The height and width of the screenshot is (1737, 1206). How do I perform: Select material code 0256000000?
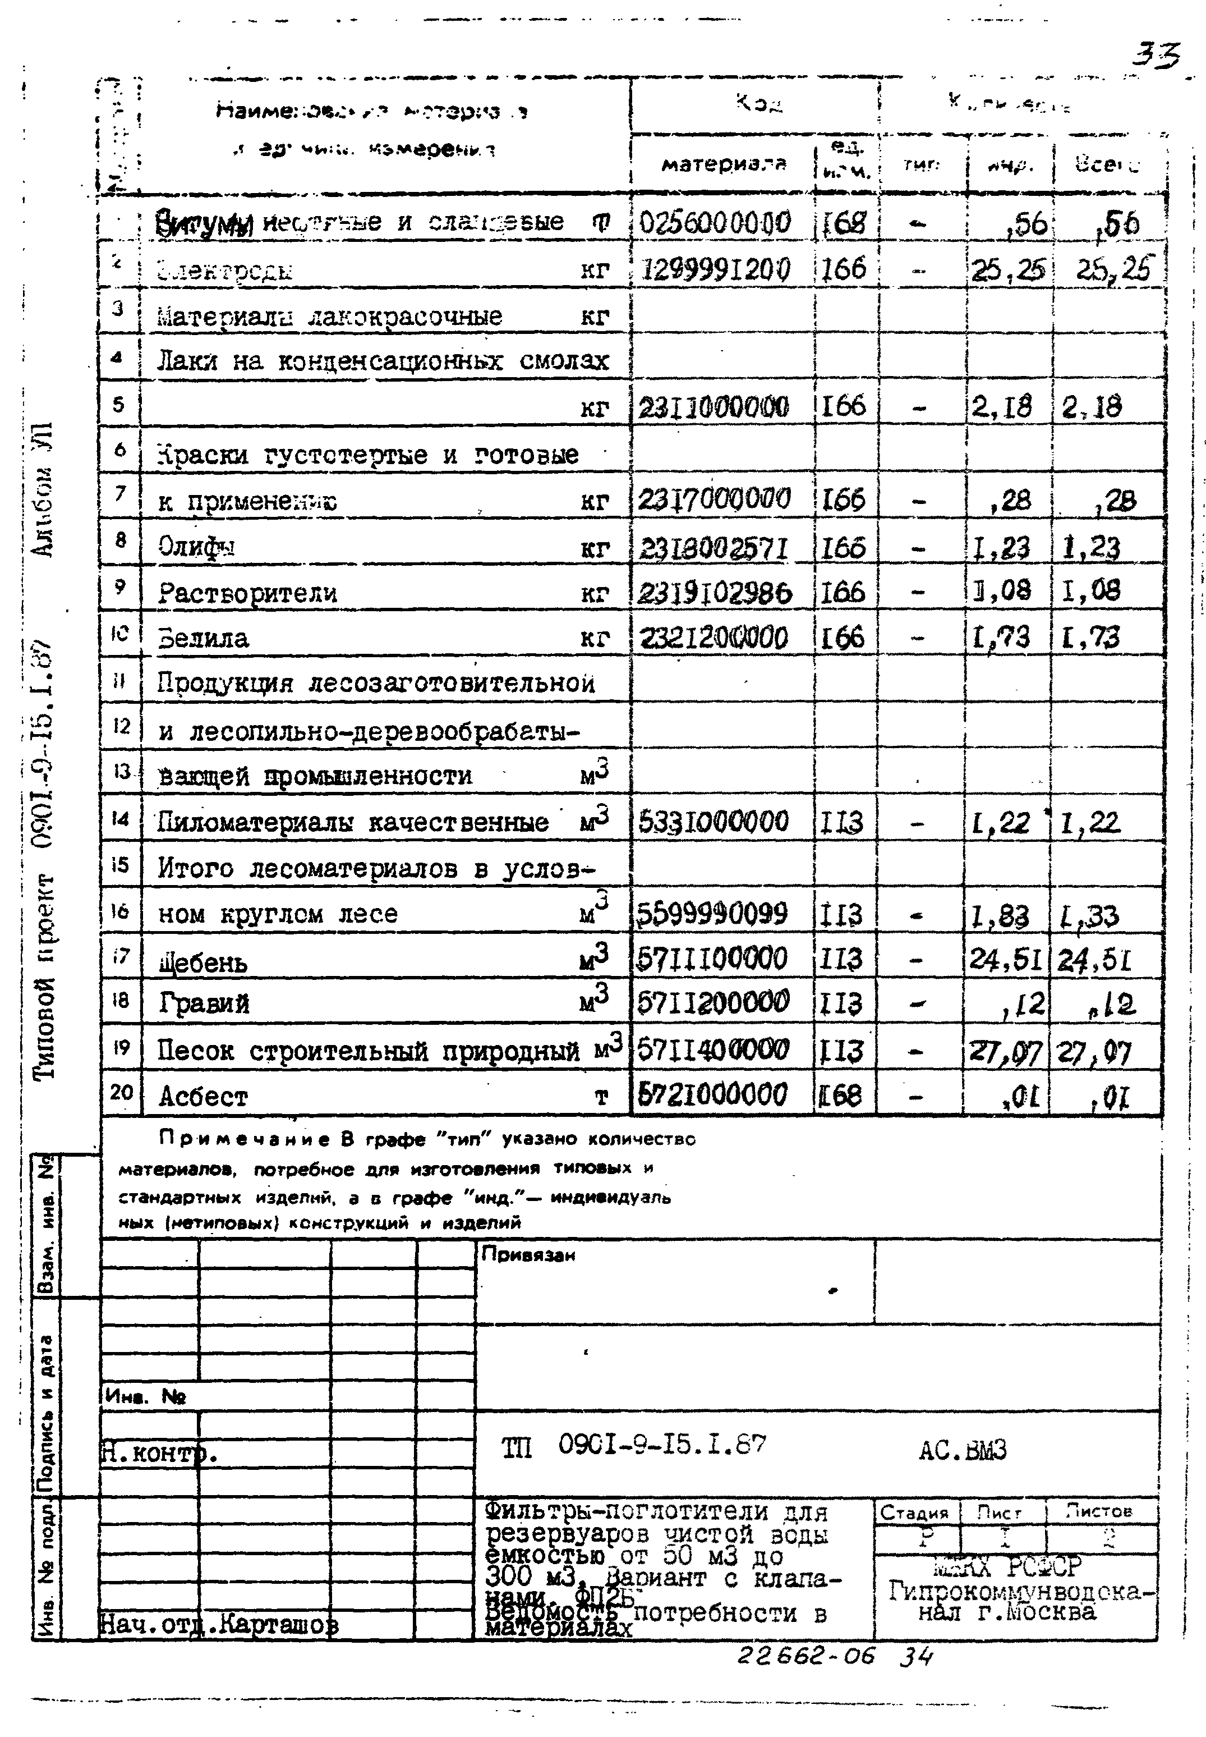[x=715, y=223]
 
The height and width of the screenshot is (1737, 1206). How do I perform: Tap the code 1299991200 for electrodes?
[x=715, y=269]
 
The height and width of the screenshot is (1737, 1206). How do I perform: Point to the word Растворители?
[x=247, y=593]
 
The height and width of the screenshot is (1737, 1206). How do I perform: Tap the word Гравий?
[x=204, y=1004]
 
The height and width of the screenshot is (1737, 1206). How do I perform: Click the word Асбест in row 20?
[x=202, y=1097]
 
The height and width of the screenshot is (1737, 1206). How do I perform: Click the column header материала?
[x=723, y=164]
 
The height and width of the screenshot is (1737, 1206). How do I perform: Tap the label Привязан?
[x=528, y=1255]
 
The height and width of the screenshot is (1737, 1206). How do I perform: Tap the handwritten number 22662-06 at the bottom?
[x=805, y=1656]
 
